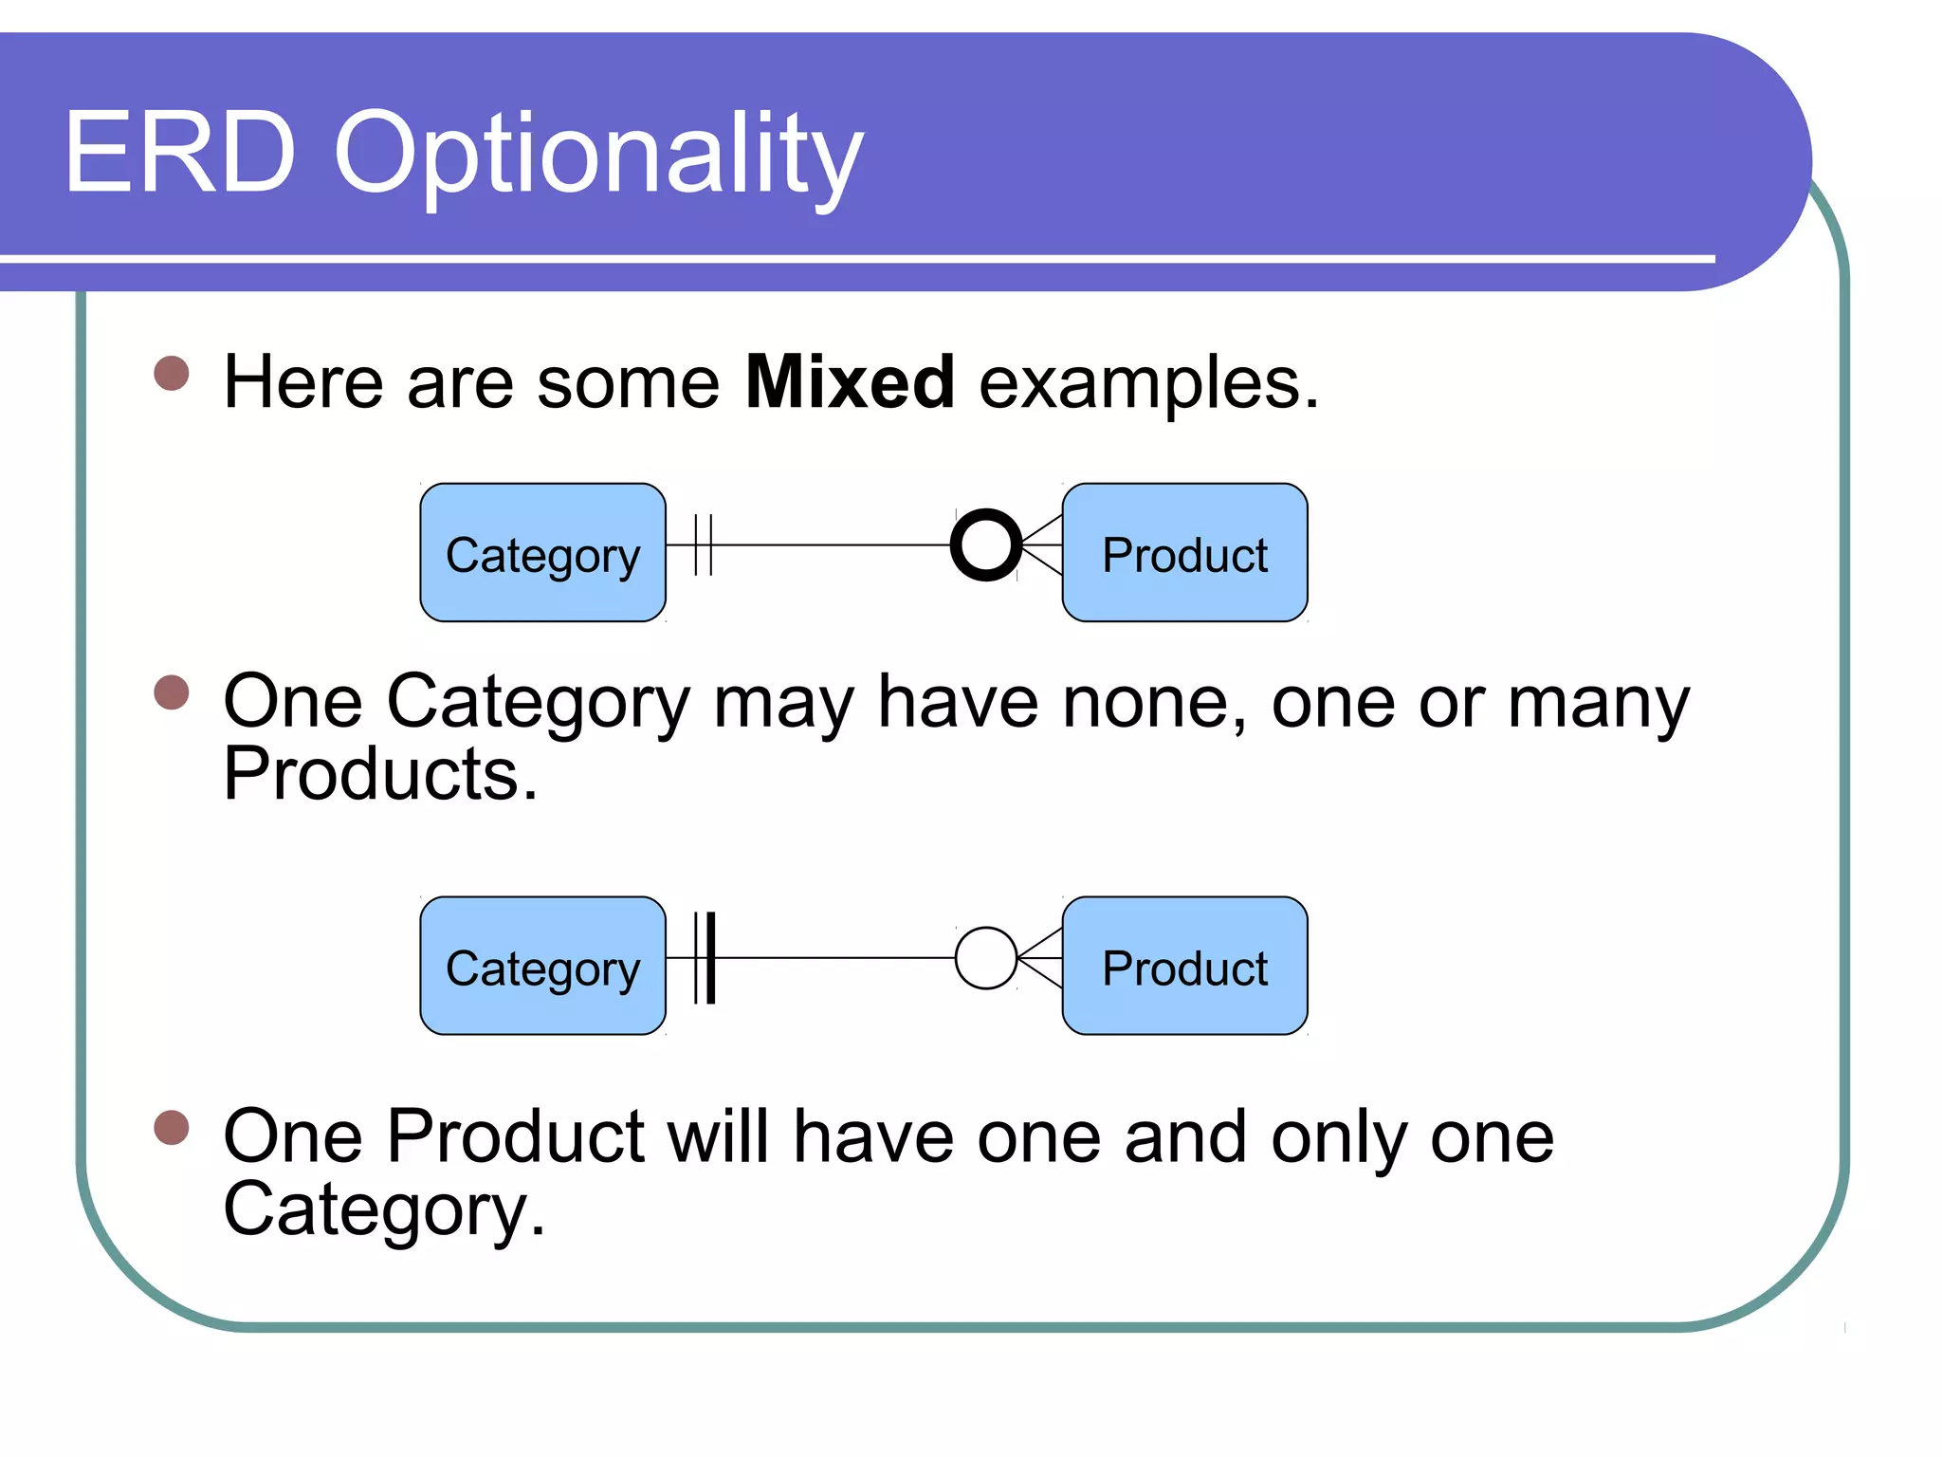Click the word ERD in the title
[180, 153]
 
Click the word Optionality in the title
[597, 157]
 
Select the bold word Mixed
[850, 382]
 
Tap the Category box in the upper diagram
[542, 553]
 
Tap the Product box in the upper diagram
[1184, 553]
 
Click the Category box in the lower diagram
[542, 966]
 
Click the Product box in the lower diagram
[1184, 966]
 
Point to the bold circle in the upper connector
[986, 545]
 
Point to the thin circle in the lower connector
[986, 958]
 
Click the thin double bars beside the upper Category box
[703, 545]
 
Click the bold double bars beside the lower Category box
[705, 958]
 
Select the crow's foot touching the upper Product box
[1043, 545]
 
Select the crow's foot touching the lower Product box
[1041, 958]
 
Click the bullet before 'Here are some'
[172, 373]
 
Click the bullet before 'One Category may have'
[172, 692]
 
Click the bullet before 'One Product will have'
[172, 1128]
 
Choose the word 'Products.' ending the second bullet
[380, 775]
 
